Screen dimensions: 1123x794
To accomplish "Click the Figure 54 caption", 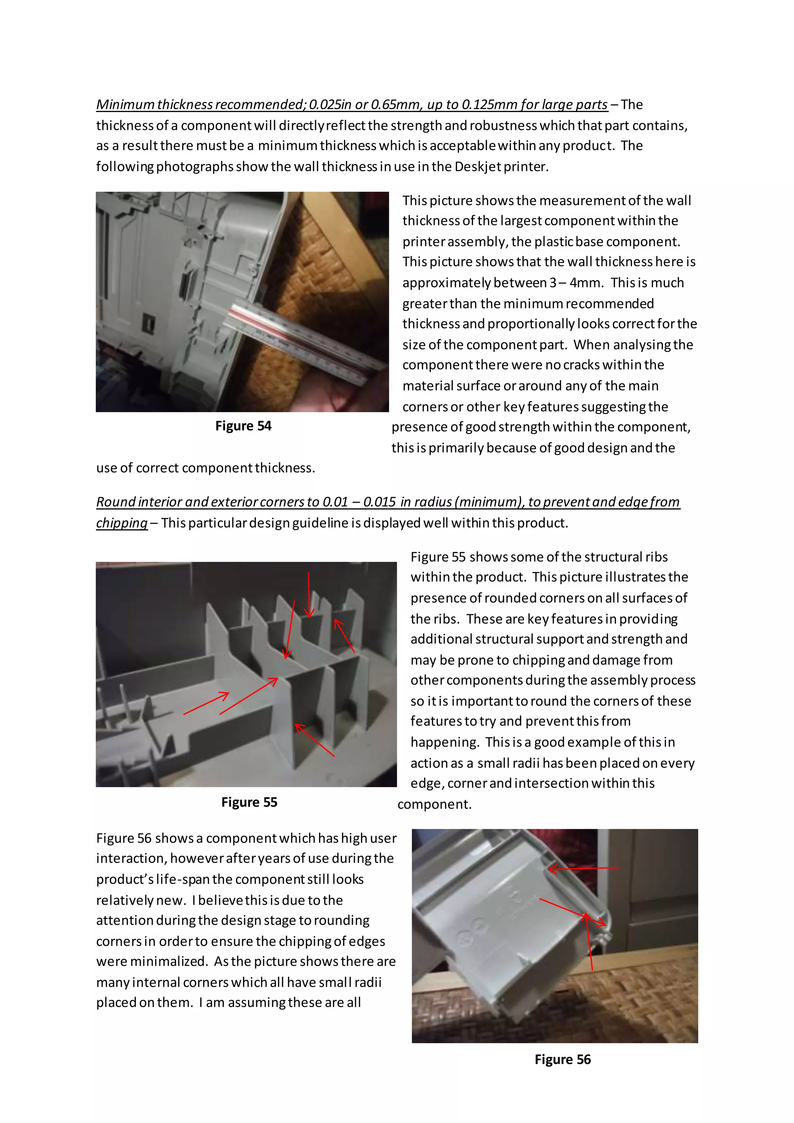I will pyautogui.click(x=243, y=426).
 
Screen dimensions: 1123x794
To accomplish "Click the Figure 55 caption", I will pyautogui.click(x=249, y=802).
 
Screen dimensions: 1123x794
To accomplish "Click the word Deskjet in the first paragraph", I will pyautogui.click(x=477, y=167).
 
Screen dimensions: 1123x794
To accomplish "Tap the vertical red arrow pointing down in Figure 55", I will pyautogui.click(x=309, y=595).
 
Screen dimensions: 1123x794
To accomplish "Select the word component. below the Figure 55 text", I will pyautogui.click(x=434, y=804).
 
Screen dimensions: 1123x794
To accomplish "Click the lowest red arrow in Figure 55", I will pyautogui.click(x=314, y=741).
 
